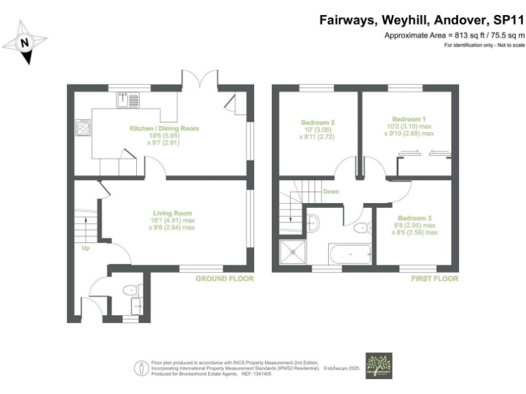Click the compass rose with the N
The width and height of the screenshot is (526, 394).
pyautogui.click(x=25, y=42)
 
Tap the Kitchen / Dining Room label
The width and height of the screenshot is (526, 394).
pyautogui.click(x=164, y=128)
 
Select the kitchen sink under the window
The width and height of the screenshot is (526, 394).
pyautogui.click(x=127, y=100)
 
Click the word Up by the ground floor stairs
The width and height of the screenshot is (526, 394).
pyautogui.click(x=86, y=249)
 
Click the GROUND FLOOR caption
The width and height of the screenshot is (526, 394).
pyautogui.click(x=225, y=279)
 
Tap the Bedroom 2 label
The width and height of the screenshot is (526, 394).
pyautogui.click(x=318, y=123)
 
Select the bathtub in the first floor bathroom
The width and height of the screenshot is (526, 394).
pyautogui.click(x=349, y=254)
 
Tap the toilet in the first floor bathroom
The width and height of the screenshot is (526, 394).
pyautogui.click(x=362, y=227)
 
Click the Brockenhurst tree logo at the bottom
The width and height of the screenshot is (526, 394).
pyautogui.click(x=378, y=365)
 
